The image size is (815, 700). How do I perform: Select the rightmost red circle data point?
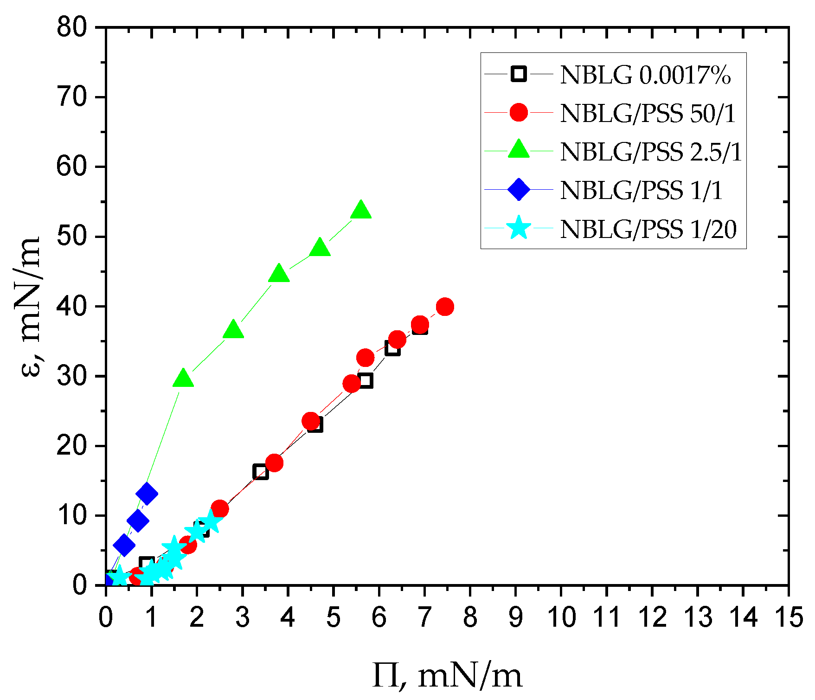coord(445,307)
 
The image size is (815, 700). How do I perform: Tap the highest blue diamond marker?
coord(147,493)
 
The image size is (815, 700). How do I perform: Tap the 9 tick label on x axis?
coord(515,618)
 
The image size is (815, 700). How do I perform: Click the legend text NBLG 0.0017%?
coord(645,75)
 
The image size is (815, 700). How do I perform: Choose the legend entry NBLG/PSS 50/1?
coord(648,113)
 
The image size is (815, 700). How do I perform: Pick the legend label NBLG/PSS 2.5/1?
coord(651,152)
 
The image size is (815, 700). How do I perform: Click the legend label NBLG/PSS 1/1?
coord(642,190)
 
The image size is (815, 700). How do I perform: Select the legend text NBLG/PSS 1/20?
coord(648,229)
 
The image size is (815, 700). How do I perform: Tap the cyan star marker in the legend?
coord(519,228)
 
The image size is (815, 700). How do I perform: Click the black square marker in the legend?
coord(519,74)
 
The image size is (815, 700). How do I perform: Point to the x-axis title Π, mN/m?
coord(447,676)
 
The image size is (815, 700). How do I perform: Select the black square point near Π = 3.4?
coord(261,472)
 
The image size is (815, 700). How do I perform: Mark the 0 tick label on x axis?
coord(106,618)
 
